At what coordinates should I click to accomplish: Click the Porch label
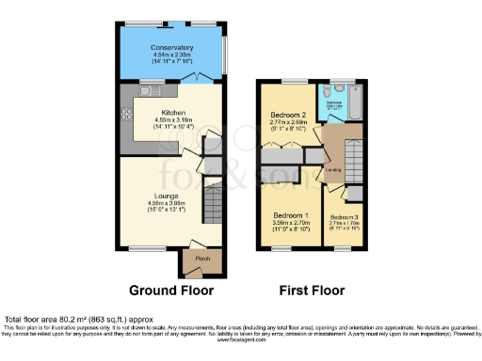[201, 259]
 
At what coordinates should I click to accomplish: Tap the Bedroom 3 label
[345, 217]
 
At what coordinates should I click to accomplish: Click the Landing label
[333, 170]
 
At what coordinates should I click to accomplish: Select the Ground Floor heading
[172, 290]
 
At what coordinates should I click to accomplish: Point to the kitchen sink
[152, 90]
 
